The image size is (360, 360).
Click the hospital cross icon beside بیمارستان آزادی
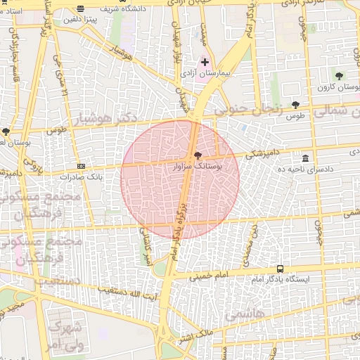(x=205, y=63)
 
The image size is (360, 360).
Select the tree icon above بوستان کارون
(x=340, y=75)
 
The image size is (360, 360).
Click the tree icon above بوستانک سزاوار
(x=196, y=155)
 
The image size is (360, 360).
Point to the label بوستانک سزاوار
(x=198, y=167)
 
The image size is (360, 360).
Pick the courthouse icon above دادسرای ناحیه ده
(x=305, y=158)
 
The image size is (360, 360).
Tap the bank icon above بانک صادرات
(x=82, y=166)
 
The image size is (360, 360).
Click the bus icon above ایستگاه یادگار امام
(x=281, y=269)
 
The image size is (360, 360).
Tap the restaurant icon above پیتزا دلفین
(x=82, y=10)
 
